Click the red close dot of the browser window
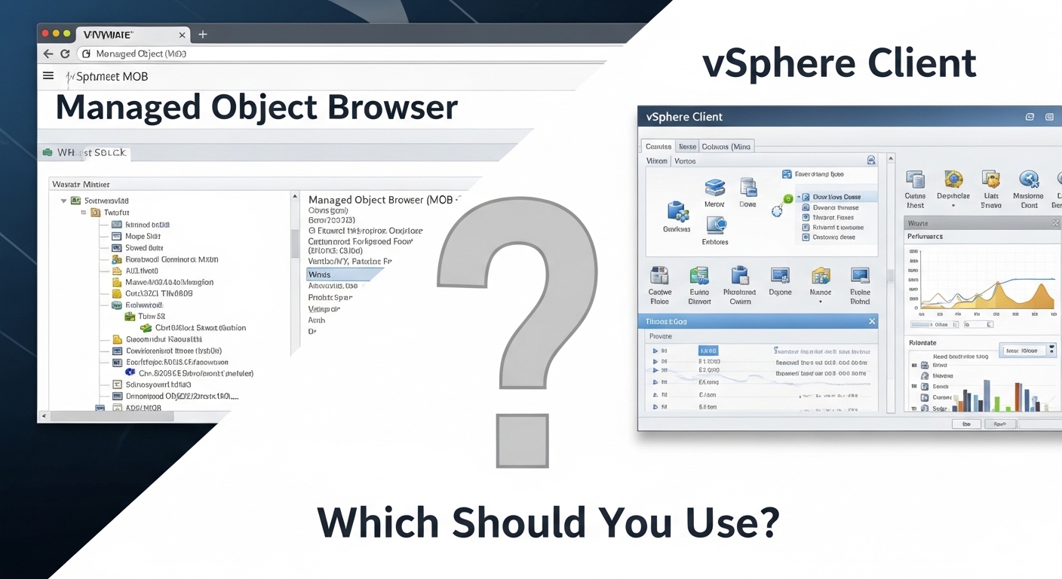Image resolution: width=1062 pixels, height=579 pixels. tap(45, 34)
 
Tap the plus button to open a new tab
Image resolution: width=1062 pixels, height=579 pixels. tap(202, 35)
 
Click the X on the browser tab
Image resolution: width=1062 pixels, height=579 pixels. tap(182, 35)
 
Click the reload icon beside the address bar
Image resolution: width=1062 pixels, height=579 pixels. tap(65, 54)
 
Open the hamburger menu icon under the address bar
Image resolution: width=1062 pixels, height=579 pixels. tap(48, 75)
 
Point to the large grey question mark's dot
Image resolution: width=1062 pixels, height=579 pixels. tap(523, 440)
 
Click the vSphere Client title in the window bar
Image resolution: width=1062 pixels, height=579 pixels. tap(684, 117)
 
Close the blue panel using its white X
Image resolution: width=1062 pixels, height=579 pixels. tap(872, 321)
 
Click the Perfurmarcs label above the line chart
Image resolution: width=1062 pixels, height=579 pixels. tap(925, 236)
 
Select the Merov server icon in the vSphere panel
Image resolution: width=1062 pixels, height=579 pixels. tap(714, 188)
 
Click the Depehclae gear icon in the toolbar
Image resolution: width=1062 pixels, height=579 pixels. tap(953, 180)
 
